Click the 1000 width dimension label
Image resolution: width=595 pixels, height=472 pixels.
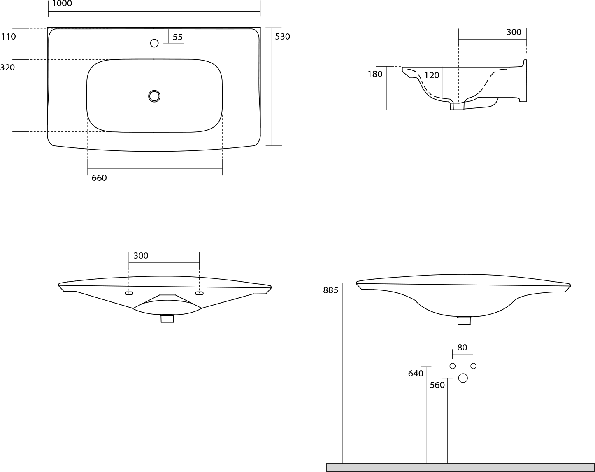(x=62, y=4)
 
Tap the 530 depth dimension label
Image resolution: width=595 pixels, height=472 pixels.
(x=282, y=37)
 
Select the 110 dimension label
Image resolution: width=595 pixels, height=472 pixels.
(x=8, y=37)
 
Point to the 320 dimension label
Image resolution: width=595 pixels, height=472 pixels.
(x=7, y=67)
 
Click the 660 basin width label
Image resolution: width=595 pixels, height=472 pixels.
(x=99, y=178)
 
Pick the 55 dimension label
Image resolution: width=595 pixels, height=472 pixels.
(x=178, y=37)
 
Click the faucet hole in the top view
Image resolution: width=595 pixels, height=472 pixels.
(x=154, y=43)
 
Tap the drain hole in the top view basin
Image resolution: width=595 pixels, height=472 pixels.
(x=154, y=96)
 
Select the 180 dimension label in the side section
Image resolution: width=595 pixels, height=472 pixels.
(x=375, y=74)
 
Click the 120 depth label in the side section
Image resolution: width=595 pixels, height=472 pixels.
(x=432, y=75)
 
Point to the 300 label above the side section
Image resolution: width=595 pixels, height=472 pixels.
(x=514, y=32)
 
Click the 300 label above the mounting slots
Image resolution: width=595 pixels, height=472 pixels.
(x=141, y=255)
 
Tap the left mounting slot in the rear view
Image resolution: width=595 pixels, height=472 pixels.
(x=129, y=293)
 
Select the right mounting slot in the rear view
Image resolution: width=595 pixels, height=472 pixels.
(x=199, y=293)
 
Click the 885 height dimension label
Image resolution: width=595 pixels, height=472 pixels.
(x=331, y=290)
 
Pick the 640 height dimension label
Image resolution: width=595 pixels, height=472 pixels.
(x=416, y=374)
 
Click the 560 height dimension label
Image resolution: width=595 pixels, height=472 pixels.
(x=437, y=385)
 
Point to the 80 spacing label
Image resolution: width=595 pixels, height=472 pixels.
(x=462, y=348)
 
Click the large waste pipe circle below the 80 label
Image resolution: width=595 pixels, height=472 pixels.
(x=463, y=378)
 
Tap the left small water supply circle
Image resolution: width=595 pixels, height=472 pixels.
(x=453, y=366)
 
